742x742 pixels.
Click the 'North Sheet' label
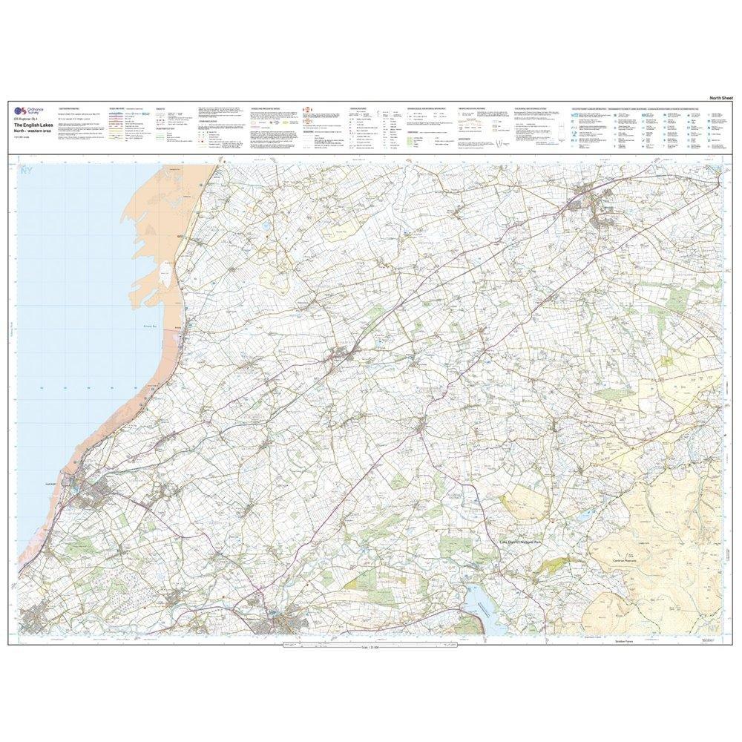pos(720,98)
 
